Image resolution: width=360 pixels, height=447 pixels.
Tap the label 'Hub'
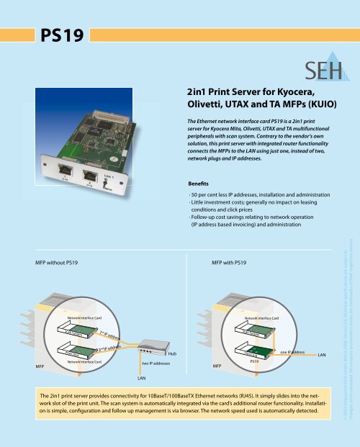[171, 354]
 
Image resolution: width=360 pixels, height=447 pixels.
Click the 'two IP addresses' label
[150, 364]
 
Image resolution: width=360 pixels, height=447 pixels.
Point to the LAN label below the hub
[142, 377]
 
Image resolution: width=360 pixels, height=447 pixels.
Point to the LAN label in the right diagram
[322, 355]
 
